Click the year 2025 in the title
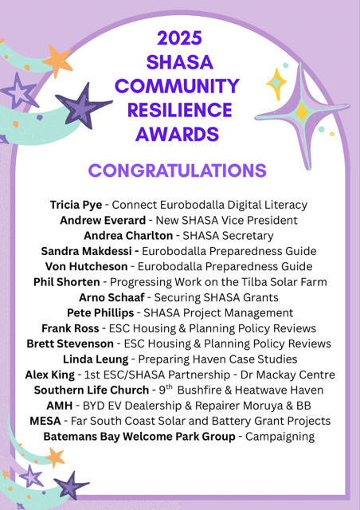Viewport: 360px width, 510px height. pos(179,37)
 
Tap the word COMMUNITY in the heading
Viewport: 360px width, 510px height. pos(179,84)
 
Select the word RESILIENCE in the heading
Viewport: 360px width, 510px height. pos(179,109)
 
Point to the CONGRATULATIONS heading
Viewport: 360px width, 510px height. pos(177,171)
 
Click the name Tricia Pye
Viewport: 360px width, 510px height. pos(76,205)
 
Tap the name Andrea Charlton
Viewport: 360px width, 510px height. pos(123,235)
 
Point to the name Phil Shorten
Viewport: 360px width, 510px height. pos(67,282)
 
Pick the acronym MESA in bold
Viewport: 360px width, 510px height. pos(47,421)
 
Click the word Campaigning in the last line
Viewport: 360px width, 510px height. pos(279,437)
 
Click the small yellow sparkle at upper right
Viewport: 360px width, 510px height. pos(276,82)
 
